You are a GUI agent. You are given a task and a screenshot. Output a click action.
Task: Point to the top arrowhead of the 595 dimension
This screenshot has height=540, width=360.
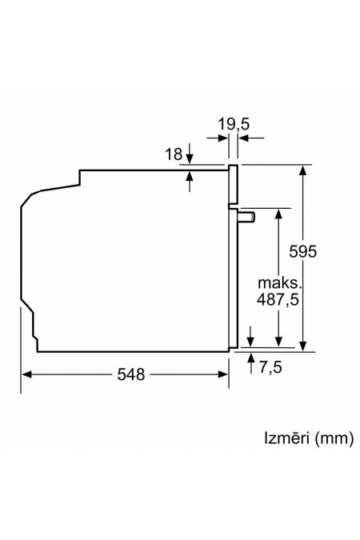tap(304, 170)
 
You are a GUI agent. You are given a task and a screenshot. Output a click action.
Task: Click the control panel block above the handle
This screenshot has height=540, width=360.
tap(234, 184)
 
